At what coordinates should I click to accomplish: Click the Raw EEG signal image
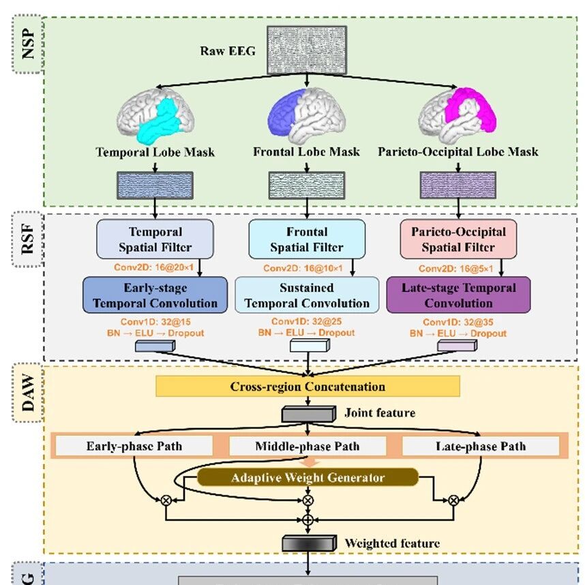click(306, 50)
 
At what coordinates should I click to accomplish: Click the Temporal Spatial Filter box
click(155, 239)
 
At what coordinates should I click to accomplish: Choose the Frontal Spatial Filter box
click(307, 239)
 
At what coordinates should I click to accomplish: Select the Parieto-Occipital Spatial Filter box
click(457, 239)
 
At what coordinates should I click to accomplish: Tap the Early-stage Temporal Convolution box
click(155, 295)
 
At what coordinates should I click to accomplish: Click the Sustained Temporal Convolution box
click(307, 295)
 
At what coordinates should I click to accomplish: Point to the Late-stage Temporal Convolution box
click(458, 295)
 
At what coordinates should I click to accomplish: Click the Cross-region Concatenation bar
click(307, 387)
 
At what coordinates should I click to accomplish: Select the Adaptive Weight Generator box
click(307, 477)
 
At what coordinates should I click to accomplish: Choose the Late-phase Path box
click(480, 447)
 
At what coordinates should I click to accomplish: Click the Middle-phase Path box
click(307, 447)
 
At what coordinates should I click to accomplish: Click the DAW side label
click(28, 396)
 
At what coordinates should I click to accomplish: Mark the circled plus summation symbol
click(308, 520)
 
